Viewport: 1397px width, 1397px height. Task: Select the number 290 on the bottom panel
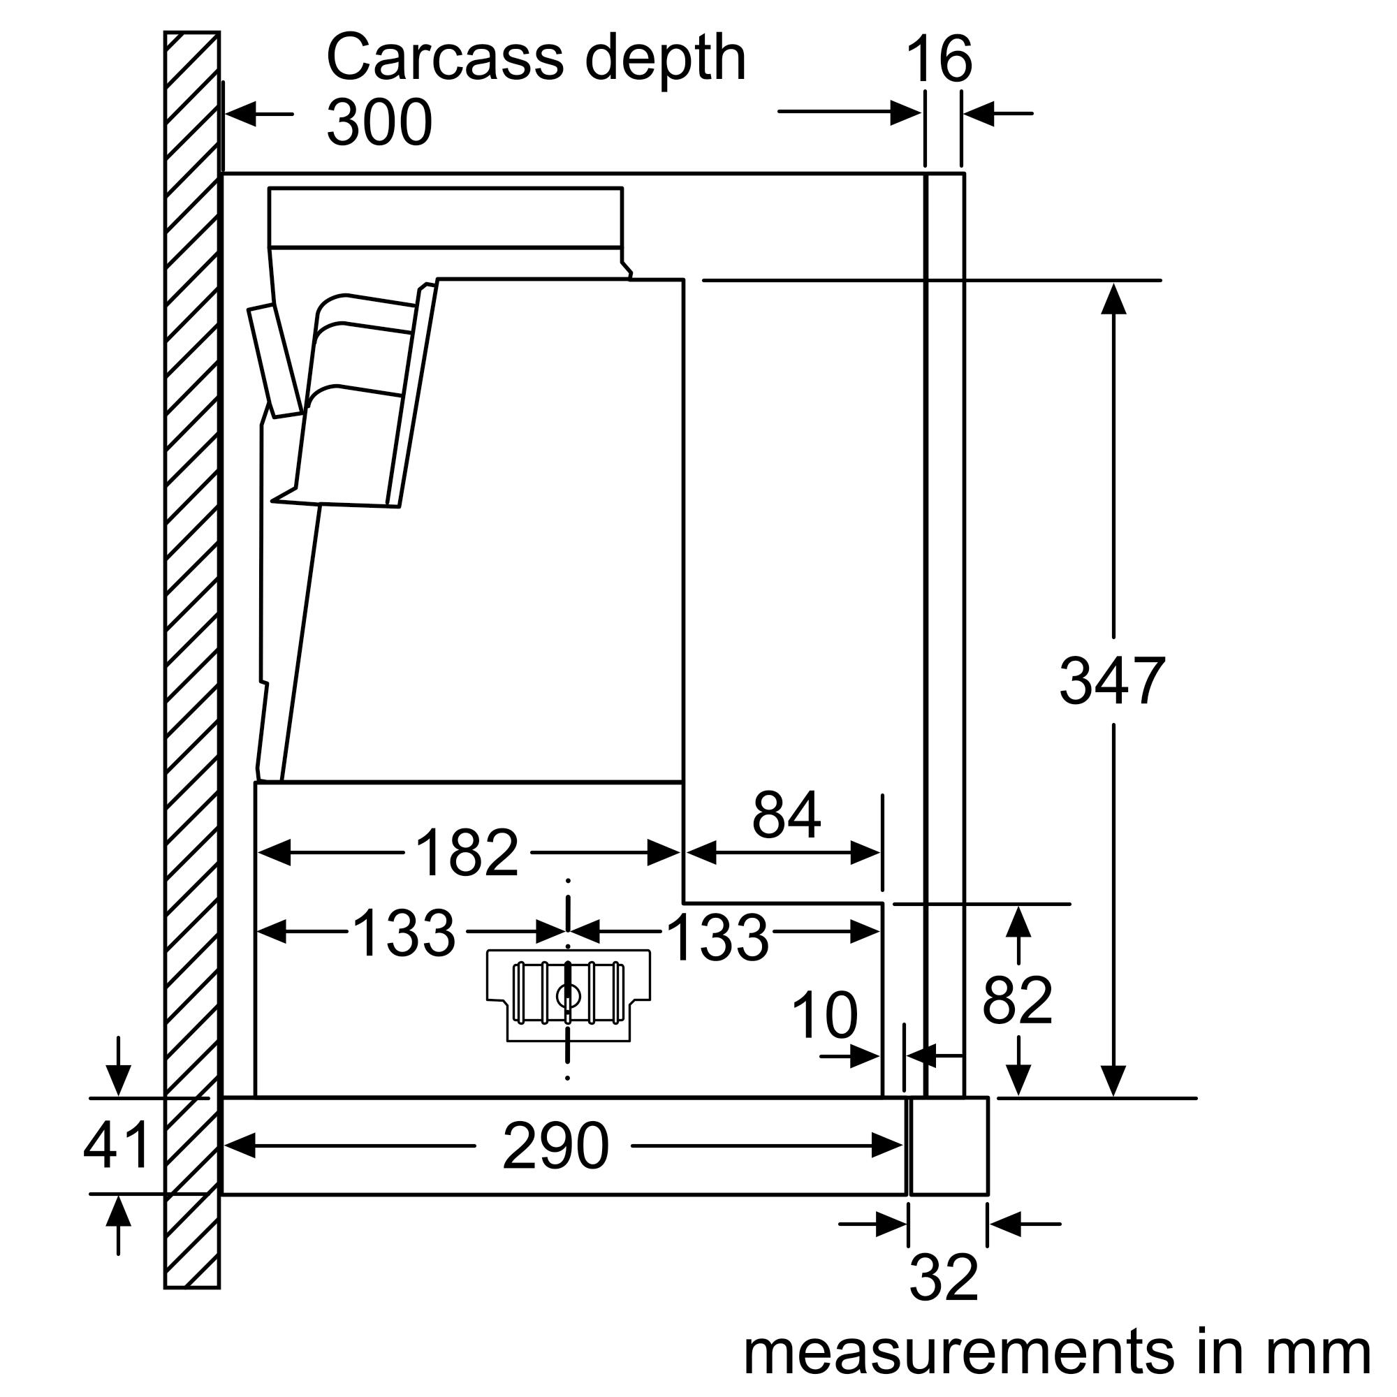pos(555,1146)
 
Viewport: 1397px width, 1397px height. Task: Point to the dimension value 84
pos(786,815)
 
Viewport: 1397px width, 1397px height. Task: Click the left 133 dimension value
pos(404,932)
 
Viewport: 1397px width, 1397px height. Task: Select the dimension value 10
pos(824,1016)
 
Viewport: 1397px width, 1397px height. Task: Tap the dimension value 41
pos(117,1146)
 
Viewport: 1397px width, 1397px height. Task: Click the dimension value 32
pos(944,1278)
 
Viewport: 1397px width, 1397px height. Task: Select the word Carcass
pos(445,58)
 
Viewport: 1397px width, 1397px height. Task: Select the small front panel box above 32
pos(949,1146)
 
